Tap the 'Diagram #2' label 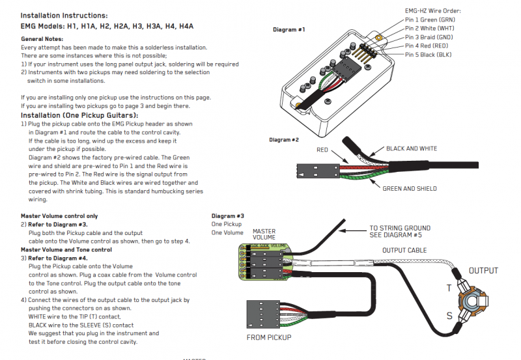point(283,140)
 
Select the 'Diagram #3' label point(227,215)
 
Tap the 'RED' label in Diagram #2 point(323,150)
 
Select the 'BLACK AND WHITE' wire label point(412,148)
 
